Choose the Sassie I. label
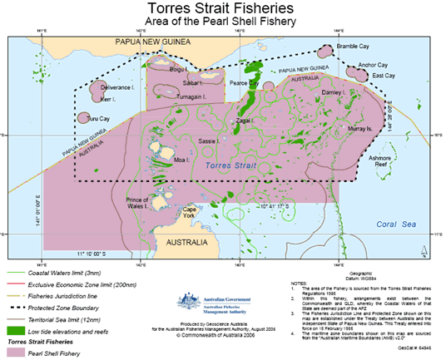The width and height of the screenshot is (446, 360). (x=209, y=141)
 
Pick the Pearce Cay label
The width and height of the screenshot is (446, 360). (x=244, y=83)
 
